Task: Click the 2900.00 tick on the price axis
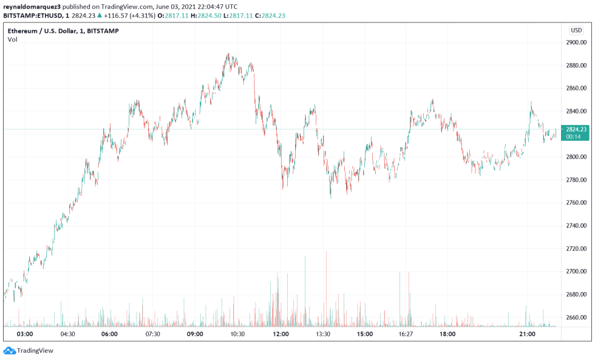tap(576, 42)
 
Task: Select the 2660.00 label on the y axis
tap(576, 317)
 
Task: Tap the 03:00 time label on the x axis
tap(25, 334)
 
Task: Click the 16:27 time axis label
tap(406, 334)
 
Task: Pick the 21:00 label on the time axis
tap(527, 334)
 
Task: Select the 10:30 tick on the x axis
tap(237, 334)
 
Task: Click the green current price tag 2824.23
tap(575, 129)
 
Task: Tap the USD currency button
tap(576, 30)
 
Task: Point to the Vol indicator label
tap(13, 39)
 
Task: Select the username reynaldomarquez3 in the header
tap(32, 7)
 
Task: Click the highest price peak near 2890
tap(228, 55)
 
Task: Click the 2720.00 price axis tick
tap(576, 248)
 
